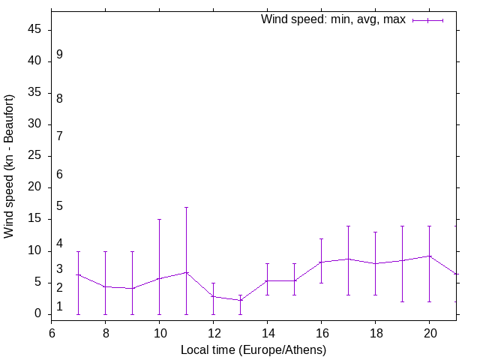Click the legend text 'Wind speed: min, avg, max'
[333, 19]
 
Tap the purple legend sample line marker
[427, 20]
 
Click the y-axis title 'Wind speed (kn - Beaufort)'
[10, 166]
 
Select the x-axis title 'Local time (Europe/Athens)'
[253, 349]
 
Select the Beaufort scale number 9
[59, 55]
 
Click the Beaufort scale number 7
[59, 136]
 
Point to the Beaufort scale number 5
[59, 206]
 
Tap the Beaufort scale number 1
[59, 307]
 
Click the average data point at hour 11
[186, 272]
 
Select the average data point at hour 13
[240, 300]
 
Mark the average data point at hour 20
[429, 256]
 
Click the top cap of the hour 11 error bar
[186, 207]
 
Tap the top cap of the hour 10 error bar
[159, 219]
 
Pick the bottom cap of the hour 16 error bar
[321, 283]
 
